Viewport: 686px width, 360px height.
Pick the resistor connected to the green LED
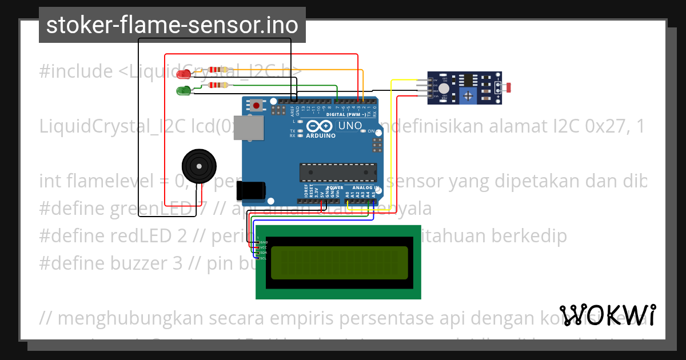click(x=218, y=85)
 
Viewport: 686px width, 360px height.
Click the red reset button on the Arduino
click(x=257, y=105)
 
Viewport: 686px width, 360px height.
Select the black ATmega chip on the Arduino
click(x=338, y=171)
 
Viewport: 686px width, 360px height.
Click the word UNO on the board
click(x=350, y=126)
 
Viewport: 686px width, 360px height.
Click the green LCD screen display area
click(x=339, y=262)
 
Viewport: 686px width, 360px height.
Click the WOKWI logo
click(x=607, y=315)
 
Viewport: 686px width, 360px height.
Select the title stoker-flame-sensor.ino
click(x=172, y=25)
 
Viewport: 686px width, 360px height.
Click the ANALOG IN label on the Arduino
click(x=365, y=187)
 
